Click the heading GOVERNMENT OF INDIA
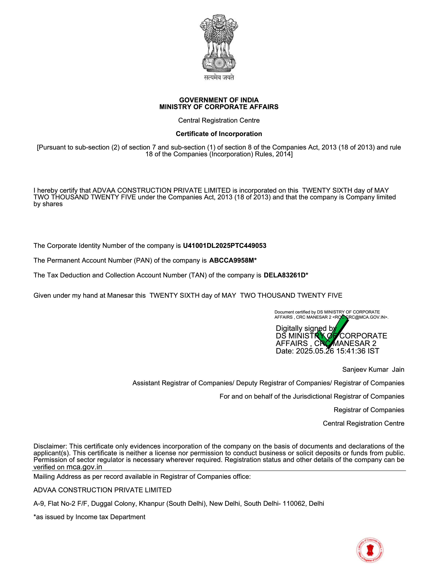[x=219, y=100]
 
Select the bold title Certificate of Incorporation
[x=219, y=134]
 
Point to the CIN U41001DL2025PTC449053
[x=224, y=246]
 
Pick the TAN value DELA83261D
[x=284, y=275]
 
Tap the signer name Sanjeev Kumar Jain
[x=373, y=369]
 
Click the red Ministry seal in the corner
[x=370, y=550]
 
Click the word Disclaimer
[x=50, y=446]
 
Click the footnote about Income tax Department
[x=89, y=517]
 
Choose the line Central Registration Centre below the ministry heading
[x=219, y=120]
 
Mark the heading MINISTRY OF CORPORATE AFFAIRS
[x=219, y=107]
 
